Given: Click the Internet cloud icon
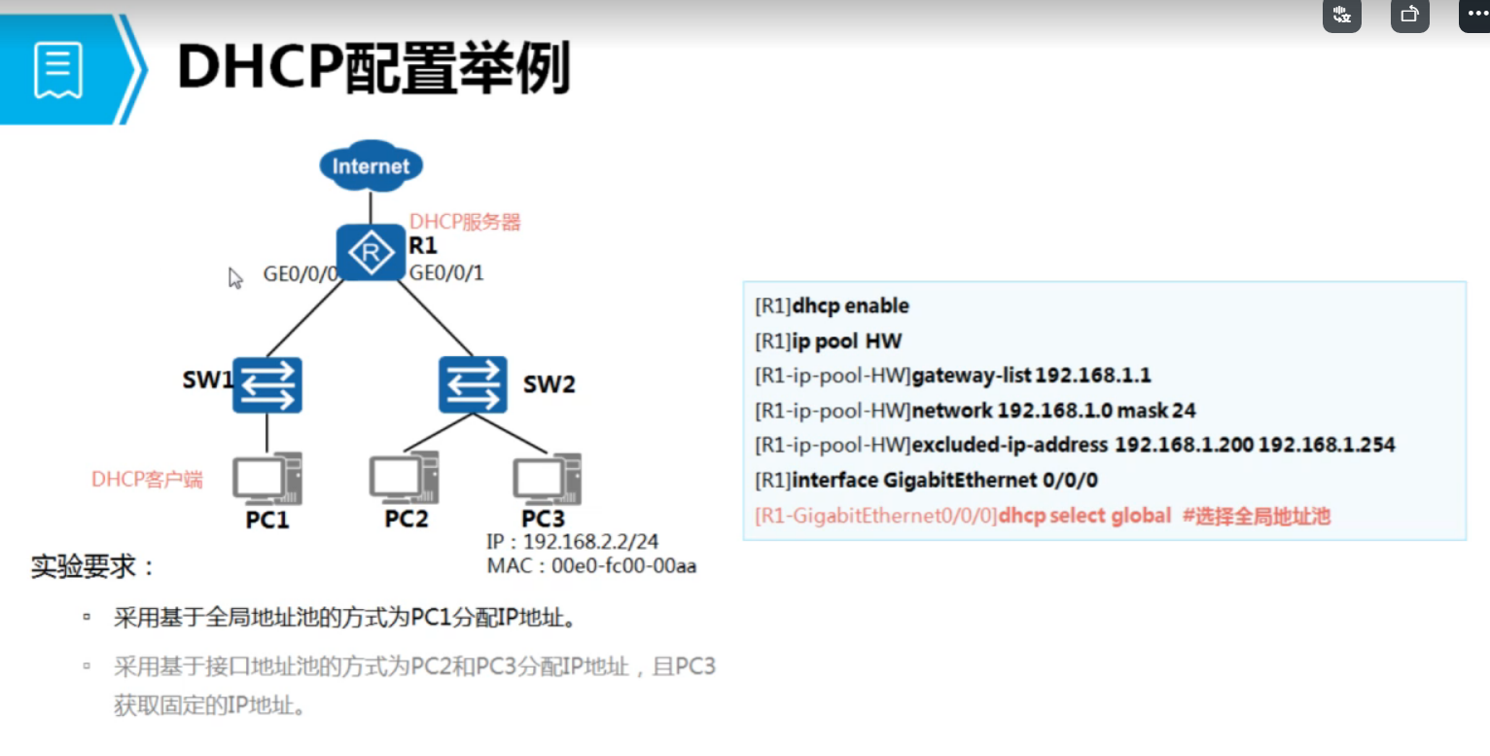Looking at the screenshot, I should pos(371,165).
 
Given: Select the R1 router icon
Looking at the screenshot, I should pos(370,253).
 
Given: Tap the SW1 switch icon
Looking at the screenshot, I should pos(267,384).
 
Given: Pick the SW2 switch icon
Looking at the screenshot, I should pos(473,383).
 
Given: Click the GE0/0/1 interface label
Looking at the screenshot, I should pos(446,273).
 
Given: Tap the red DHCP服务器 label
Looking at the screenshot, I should pos(465,222).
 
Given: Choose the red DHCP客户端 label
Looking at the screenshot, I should pos(147,479).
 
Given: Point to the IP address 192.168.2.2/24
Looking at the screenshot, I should pos(592,542).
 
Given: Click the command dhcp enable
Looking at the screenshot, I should pos(851,306).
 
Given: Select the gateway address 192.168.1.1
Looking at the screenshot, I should pos(1093,376).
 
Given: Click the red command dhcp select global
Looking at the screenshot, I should pos(1084,516).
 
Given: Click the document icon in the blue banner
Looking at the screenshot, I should pos(57,69).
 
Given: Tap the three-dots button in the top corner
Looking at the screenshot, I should pos(1474,15).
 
